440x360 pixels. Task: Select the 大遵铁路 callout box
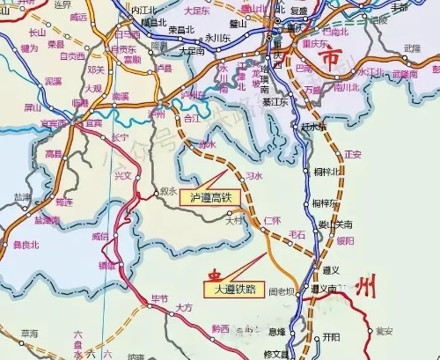tap(231, 288)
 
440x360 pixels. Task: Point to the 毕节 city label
tap(158, 299)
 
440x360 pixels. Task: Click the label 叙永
tap(168, 189)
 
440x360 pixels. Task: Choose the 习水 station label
tap(253, 176)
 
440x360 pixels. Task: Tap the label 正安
tap(353, 154)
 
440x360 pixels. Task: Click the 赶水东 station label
tap(313, 127)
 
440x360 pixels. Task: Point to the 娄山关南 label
tap(335, 224)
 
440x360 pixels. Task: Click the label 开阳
tap(331, 336)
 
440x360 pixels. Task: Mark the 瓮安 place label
tap(384, 331)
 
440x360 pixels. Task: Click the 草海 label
tap(29, 334)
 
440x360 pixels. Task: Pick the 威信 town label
tap(100, 236)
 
